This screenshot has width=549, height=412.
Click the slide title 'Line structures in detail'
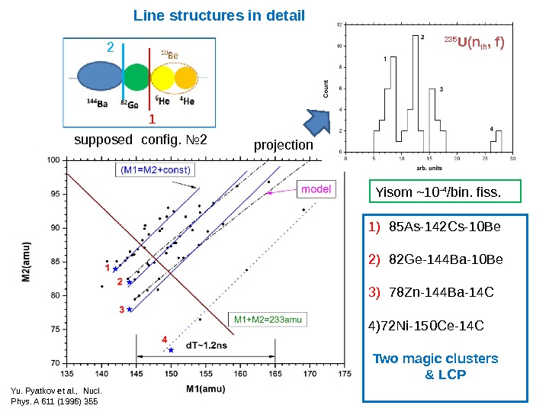[x=219, y=15]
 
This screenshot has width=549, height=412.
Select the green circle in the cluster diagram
[x=137, y=79]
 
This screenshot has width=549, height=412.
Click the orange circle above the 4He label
[x=185, y=79]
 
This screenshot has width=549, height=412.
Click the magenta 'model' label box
[x=315, y=188]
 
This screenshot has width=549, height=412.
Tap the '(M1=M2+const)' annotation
[x=155, y=169]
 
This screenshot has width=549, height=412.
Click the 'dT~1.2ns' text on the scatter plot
[x=199, y=346]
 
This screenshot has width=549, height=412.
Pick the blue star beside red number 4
[x=171, y=350]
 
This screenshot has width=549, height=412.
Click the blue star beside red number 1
[x=115, y=269]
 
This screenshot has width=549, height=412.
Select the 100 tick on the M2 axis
[x=53, y=160]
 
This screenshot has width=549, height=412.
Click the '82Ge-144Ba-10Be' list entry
[x=437, y=259]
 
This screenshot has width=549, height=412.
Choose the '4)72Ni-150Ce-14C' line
[x=425, y=327]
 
